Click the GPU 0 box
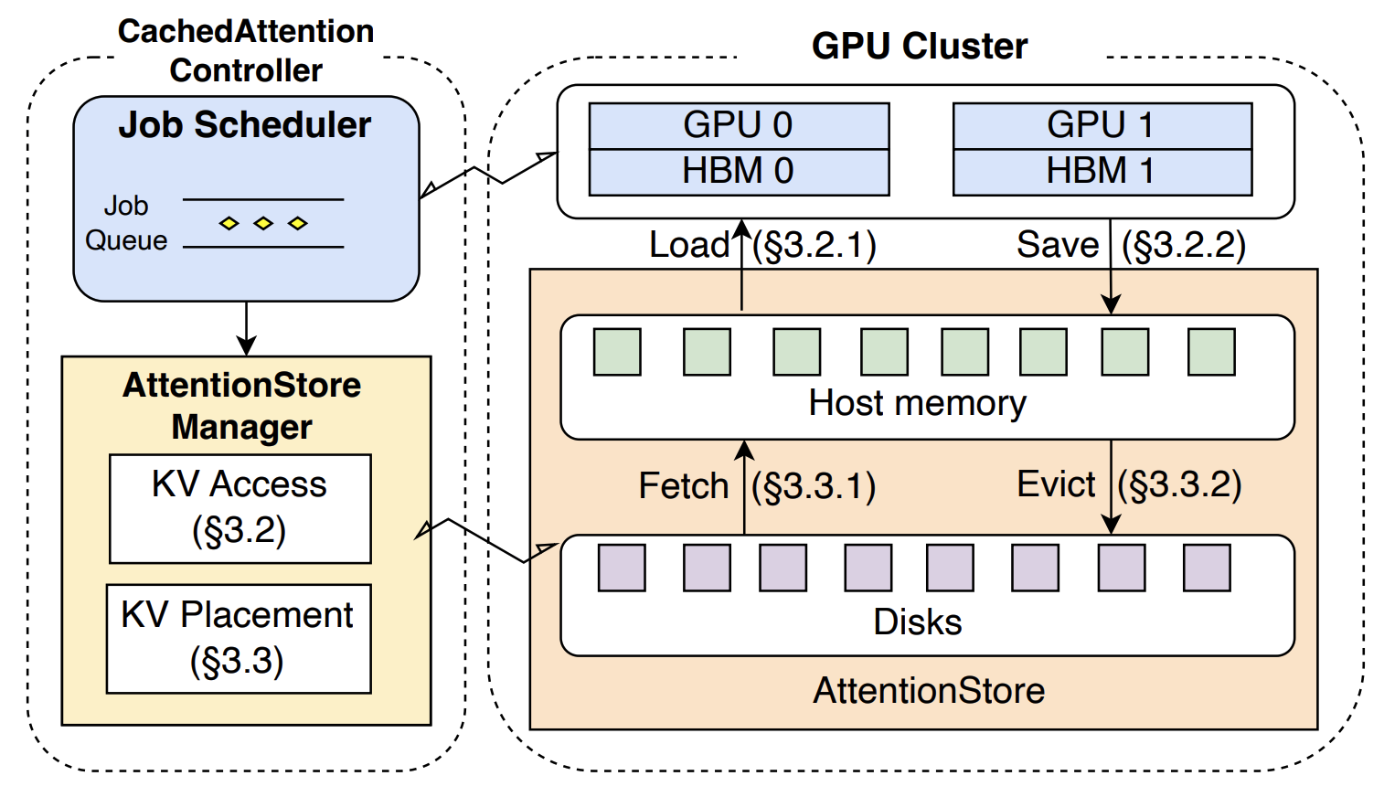tap(739, 126)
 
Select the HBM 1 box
tap(1102, 173)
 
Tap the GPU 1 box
tap(1102, 126)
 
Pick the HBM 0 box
tap(739, 173)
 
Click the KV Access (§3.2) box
tap(240, 508)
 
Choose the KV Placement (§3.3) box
tap(239, 639)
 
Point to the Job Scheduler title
tap(245, 125)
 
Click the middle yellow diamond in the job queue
tap(263, 223)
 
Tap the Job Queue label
tap(126, 223)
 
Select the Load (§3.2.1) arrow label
tap(762, 245)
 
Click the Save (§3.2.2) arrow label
tap(1131, 245)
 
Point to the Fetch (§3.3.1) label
tap(757, 485)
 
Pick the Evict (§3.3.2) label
tap(1129, 484)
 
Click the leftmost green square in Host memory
tap(617, 352)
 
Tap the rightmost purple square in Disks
tap(1207, 568)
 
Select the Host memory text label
tap(918, 403)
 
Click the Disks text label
tap(918, 622)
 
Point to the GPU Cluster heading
tap(920, 46)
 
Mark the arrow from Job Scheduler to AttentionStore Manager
tap(247, 329)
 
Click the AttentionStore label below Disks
tap(929, 690)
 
